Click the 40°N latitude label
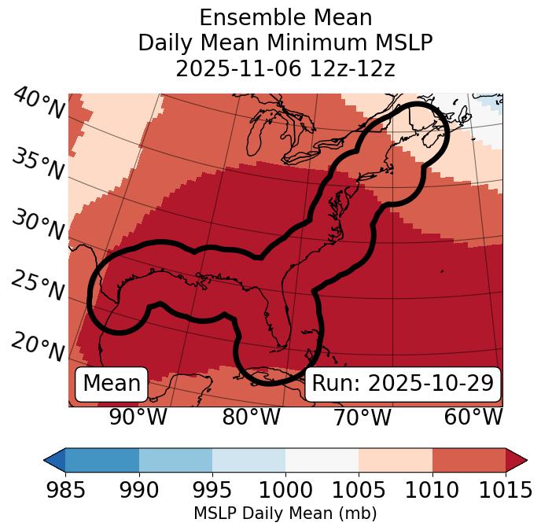point(38,105)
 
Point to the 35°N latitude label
point(38,164)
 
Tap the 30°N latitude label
point(38,226)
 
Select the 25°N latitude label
point(38,286)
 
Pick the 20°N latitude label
point(38,346)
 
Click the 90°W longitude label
point(138,418)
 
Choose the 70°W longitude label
point(362,418)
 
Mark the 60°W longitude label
point(473,418)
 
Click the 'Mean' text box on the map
point(112,384)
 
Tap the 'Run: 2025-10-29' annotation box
point(403,384)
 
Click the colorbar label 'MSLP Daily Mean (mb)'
point(285,514)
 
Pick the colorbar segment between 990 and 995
point(175,460)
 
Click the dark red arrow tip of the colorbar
point(517,460)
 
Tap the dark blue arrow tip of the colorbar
point(54,460)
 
